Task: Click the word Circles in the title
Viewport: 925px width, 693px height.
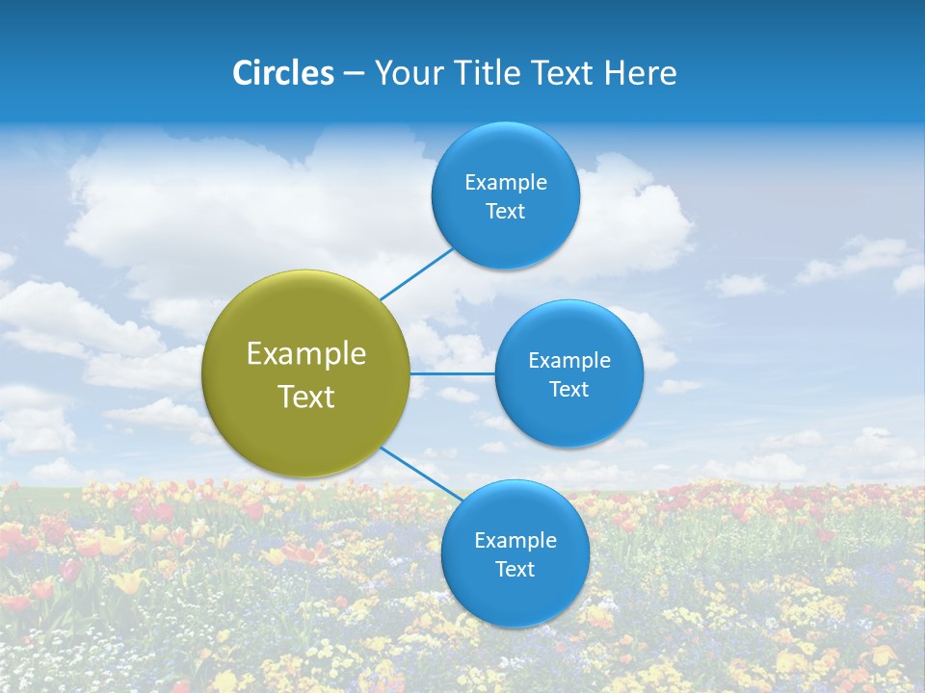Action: point(282,73)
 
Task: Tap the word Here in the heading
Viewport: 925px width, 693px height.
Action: point(640,73)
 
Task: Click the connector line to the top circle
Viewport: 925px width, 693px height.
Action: point(417,273)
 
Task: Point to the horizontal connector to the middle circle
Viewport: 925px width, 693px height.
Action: point(452,373)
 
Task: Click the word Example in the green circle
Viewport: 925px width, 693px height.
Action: point(306,354)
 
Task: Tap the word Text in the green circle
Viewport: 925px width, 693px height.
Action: point(306,397)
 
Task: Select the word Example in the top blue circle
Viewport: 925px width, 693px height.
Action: point(506,183)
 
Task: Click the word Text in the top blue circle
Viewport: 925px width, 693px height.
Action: point(505,212)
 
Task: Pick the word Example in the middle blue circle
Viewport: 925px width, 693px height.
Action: point(569,361)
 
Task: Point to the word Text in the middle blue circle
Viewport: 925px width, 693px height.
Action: point(568,390)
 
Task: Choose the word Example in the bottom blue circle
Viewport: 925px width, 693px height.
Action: point(515,541)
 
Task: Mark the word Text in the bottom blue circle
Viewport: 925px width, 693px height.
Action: point(515,570)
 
